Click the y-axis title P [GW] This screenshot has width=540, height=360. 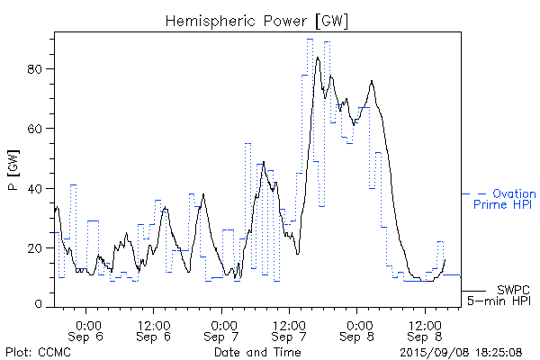pos(15,171)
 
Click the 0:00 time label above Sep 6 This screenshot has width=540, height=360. pos(87,324)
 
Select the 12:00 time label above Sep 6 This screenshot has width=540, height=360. pos(154,324)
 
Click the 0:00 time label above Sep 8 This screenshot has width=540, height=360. pos(357,324)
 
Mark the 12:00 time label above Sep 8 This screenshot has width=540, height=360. pos(424,324)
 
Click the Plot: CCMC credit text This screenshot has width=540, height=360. pos(37,351)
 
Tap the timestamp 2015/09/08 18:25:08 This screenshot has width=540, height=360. pos(461,351)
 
